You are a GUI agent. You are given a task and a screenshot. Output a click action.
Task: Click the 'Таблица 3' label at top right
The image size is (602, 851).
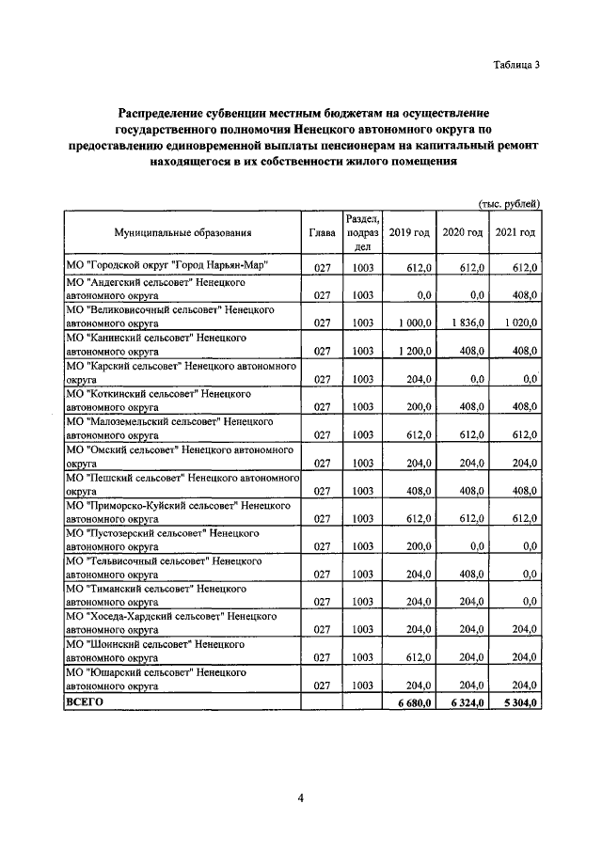[x=516, y=64]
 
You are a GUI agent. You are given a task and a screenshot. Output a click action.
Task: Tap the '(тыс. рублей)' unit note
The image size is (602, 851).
[x=510, y=203]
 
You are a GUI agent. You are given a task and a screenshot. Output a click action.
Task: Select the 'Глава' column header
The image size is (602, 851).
[x=323, y=233]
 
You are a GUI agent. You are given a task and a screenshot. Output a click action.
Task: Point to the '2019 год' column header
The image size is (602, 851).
[x=410, y=233]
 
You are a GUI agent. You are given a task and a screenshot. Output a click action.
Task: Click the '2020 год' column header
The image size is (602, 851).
[x=463, y=233]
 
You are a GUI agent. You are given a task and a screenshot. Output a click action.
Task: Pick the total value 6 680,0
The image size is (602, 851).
[x=413, y=702]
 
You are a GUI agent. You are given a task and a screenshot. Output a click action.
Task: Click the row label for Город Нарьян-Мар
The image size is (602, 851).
[x=166, y=266]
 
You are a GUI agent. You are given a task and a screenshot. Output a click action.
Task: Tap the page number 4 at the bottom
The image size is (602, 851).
[x=301, y=799]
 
